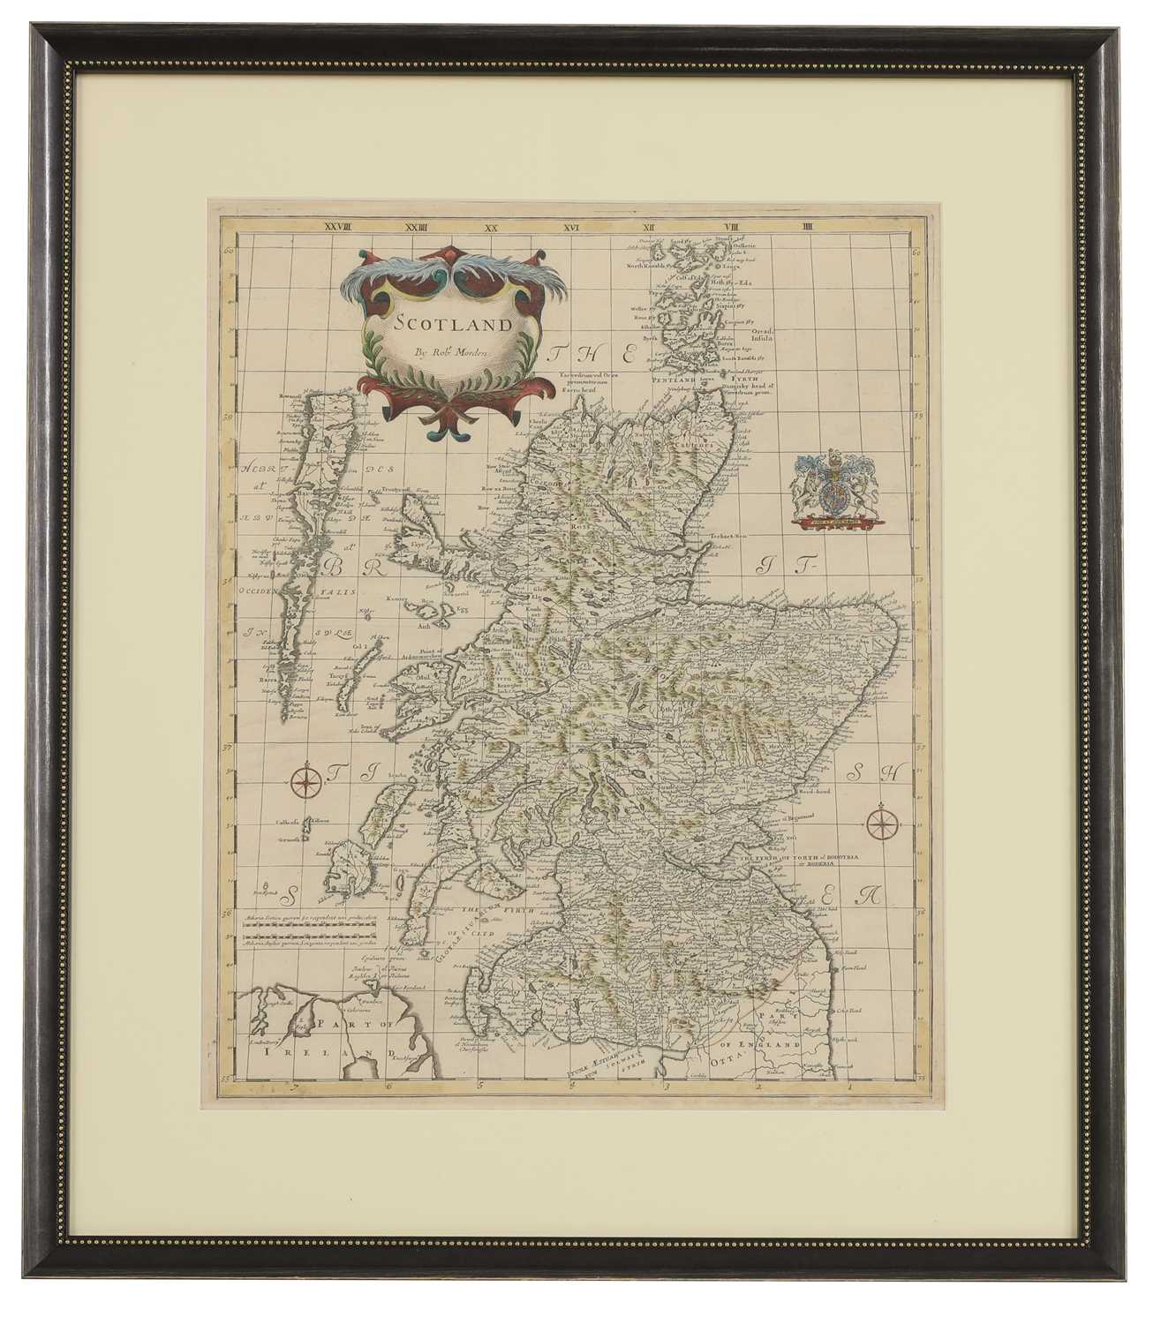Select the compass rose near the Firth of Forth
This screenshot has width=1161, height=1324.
[880, 823]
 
